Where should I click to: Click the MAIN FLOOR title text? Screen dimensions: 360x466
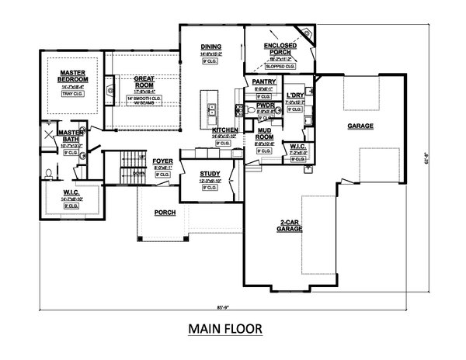(225, 328)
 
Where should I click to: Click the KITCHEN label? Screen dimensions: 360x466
(224, 132)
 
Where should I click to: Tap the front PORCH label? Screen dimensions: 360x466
(165, 212)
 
